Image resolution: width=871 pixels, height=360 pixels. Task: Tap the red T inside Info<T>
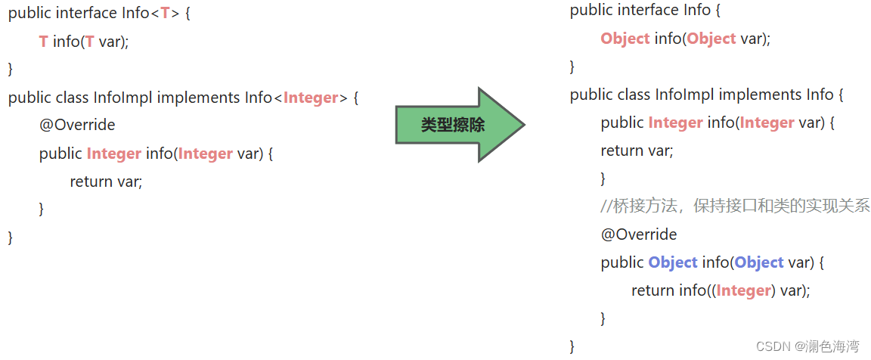tap(165, 13)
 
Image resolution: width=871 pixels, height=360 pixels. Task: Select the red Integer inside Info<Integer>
tap(311, 98)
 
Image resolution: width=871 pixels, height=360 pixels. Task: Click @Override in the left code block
tap(77, 125)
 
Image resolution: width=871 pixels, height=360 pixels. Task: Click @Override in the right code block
tap(639, 234)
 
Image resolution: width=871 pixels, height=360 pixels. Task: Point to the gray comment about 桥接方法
tap(735, 206)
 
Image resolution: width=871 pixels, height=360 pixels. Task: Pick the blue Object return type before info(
tap(672, 262)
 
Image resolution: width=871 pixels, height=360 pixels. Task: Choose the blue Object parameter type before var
tap(758, 262)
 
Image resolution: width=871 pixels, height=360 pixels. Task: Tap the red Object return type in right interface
tap(625, 39)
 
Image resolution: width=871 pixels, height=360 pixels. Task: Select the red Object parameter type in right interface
tap(711, 39)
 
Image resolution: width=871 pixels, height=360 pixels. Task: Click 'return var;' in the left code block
tap(106, 181)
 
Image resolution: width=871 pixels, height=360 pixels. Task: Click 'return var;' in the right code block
tap(637, 150)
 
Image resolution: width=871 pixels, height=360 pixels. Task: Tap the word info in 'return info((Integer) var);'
tap(690, 290)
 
